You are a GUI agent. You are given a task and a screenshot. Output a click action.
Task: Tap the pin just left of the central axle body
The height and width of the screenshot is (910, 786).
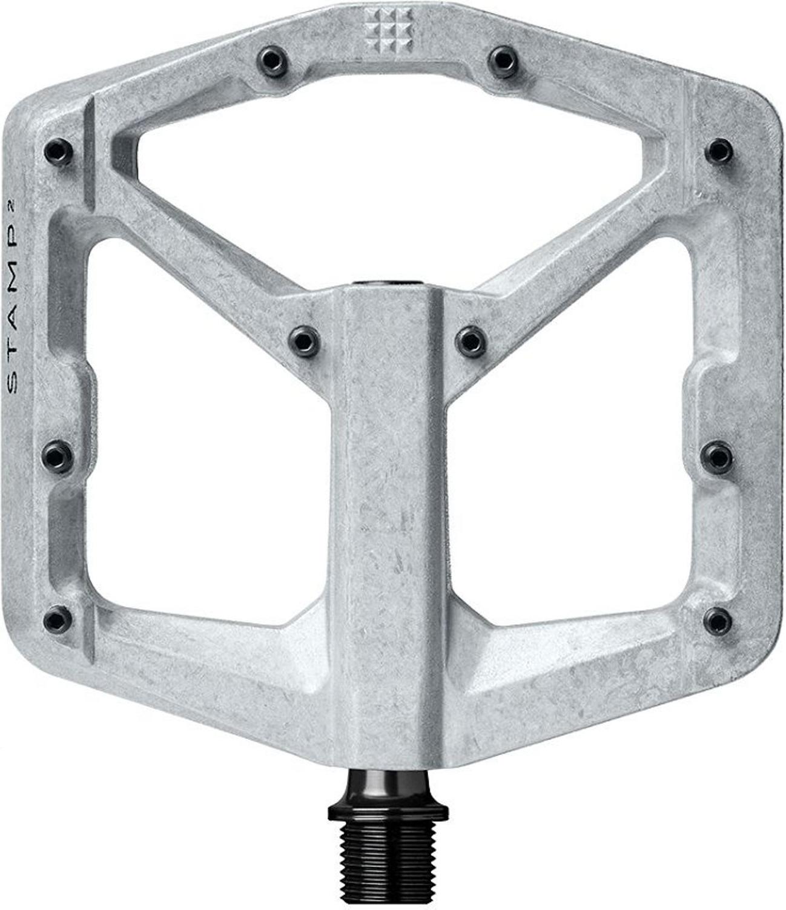[304, 341]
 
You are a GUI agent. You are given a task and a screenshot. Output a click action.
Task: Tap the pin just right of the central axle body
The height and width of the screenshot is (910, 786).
[471, 341]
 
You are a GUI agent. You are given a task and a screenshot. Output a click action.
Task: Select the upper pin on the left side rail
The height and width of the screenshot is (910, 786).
[59, 153]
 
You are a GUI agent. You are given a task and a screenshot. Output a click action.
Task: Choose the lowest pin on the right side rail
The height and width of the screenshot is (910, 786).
[718, 621]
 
